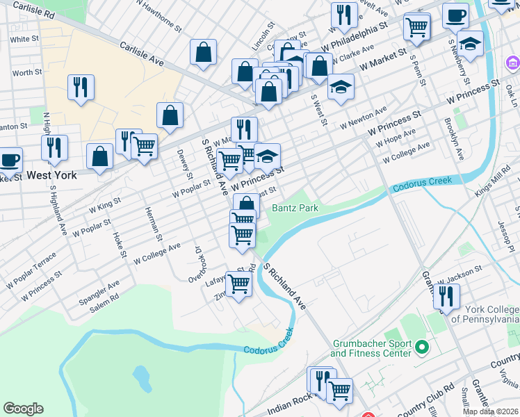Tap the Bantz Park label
[x=295, y=208]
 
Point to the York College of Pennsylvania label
[x=485, y=314]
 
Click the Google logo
[x=23, y=409]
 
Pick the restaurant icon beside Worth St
[x=81, y=87]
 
